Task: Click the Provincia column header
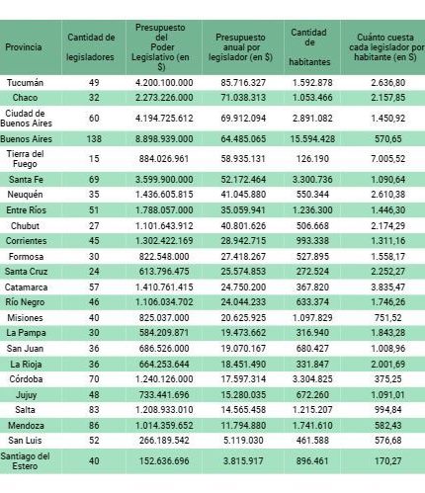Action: (x=24, y=47)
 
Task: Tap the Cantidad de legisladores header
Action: (x=91, y=47)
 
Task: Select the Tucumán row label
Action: (x=25, y=83)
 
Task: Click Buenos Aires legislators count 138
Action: (x=94, y=139)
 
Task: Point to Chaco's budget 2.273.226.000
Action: (x=164, y=98)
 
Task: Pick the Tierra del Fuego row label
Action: (x=25, y=159)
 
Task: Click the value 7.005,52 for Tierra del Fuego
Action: (x=388, y=159)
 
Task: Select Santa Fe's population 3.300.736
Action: (x=312, y=180)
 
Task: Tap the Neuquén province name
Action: (x=25, y=195)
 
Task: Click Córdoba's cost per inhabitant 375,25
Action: (x=388, y=379)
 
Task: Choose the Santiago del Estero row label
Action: (x=25, y=461)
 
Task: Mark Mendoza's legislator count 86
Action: (x=94, y=426)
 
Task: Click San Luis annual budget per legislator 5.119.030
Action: (x=243, y=441)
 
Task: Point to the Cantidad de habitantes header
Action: (x=309, y=47)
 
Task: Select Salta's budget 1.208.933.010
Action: (x=164, y=410)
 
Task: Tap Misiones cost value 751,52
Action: (x=388, y=318)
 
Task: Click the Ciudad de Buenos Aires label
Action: (x=26, y=119)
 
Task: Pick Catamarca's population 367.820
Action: (x=312, y=288)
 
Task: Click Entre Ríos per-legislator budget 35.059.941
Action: (x=243, y=210)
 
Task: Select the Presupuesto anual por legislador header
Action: (x=240, y=47)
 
